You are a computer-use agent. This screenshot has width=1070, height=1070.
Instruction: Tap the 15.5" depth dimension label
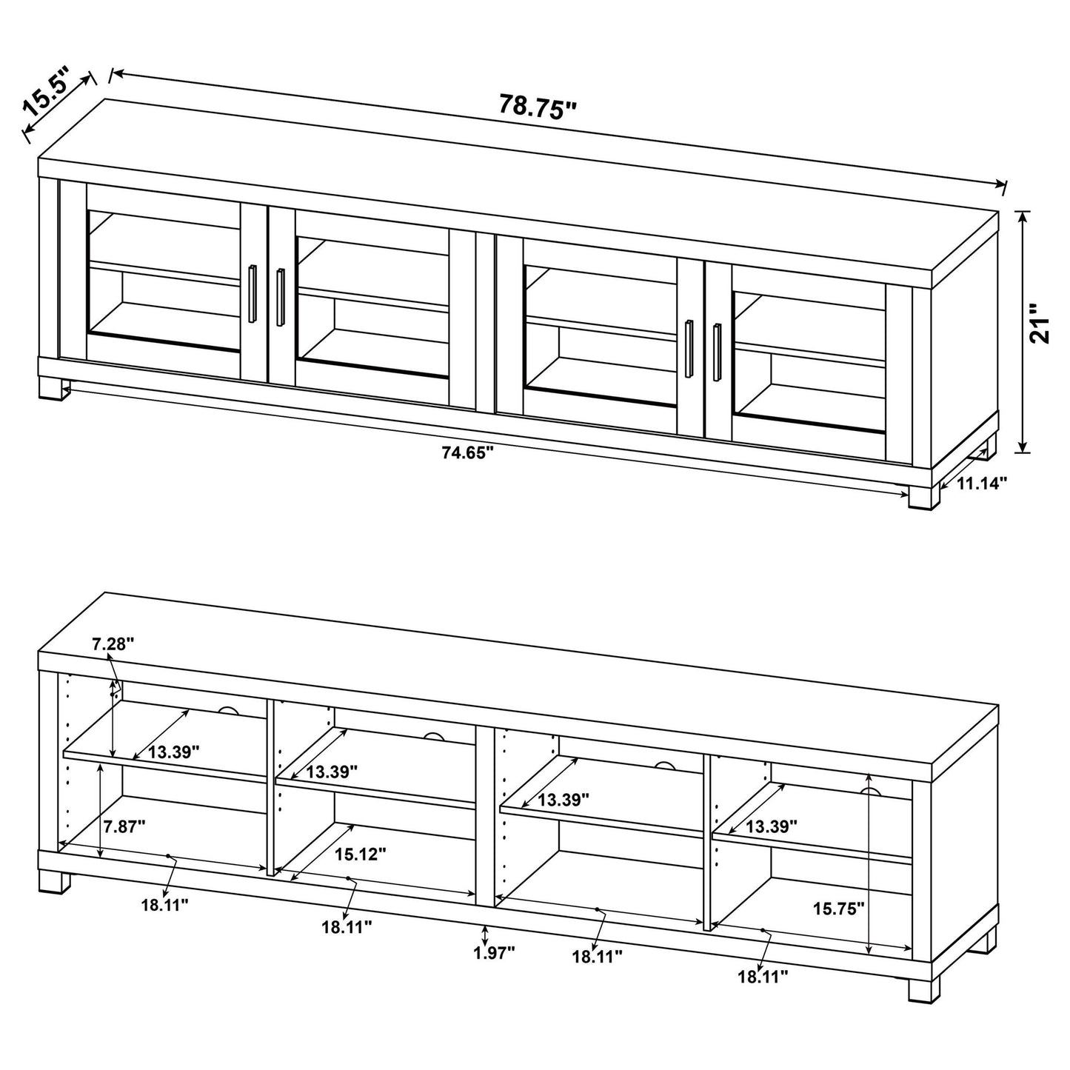(46, 91)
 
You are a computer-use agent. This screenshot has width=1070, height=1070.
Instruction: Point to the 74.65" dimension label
(467, 453)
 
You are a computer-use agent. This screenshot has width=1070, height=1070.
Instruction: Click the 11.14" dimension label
(983, 484)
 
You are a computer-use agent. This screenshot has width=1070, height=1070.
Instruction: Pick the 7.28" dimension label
(113, 644)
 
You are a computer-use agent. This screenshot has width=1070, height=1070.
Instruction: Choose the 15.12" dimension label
(360, 855)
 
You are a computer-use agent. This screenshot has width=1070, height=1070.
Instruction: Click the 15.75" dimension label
(838, 909)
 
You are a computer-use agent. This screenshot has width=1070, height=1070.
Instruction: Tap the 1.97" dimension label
(494, 953)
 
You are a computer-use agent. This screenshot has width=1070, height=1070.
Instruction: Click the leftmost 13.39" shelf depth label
(174, 752)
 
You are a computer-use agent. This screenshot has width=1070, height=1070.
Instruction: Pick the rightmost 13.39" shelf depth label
(772, 826)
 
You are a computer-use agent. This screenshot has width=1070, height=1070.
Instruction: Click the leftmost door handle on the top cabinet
(253, 293)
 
